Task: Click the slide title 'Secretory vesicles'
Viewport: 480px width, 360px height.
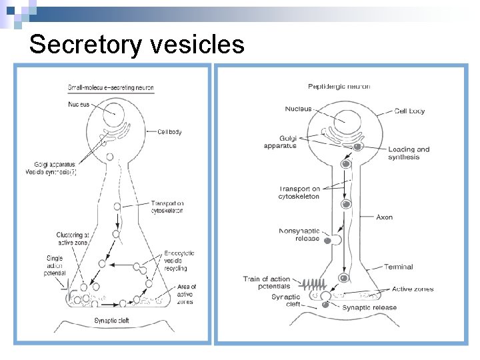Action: tap(137, 45)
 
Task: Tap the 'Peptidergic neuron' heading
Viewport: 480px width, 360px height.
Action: tap(339, 86)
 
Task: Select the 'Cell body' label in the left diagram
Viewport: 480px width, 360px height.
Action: tap(169, 132)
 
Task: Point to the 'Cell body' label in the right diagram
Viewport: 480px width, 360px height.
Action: tap(409, 111)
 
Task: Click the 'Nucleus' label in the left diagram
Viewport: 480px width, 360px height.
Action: tap(78, 104)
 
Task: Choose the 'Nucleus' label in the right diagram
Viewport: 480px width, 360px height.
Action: tap(297, 109)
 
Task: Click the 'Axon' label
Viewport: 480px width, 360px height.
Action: tap(385, 217)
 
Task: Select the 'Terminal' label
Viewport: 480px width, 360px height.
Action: tap(398, 267)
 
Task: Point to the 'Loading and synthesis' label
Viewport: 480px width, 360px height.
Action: tap(409, 153)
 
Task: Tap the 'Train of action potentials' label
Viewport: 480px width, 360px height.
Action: tap(267, 283)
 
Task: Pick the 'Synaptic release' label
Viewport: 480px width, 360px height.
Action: tap(369, 307)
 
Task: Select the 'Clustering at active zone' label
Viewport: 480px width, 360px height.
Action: tap(73, 239)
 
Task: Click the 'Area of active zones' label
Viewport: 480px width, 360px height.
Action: tap(187, 294)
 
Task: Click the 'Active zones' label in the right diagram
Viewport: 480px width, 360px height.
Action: tap(413, 289)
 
